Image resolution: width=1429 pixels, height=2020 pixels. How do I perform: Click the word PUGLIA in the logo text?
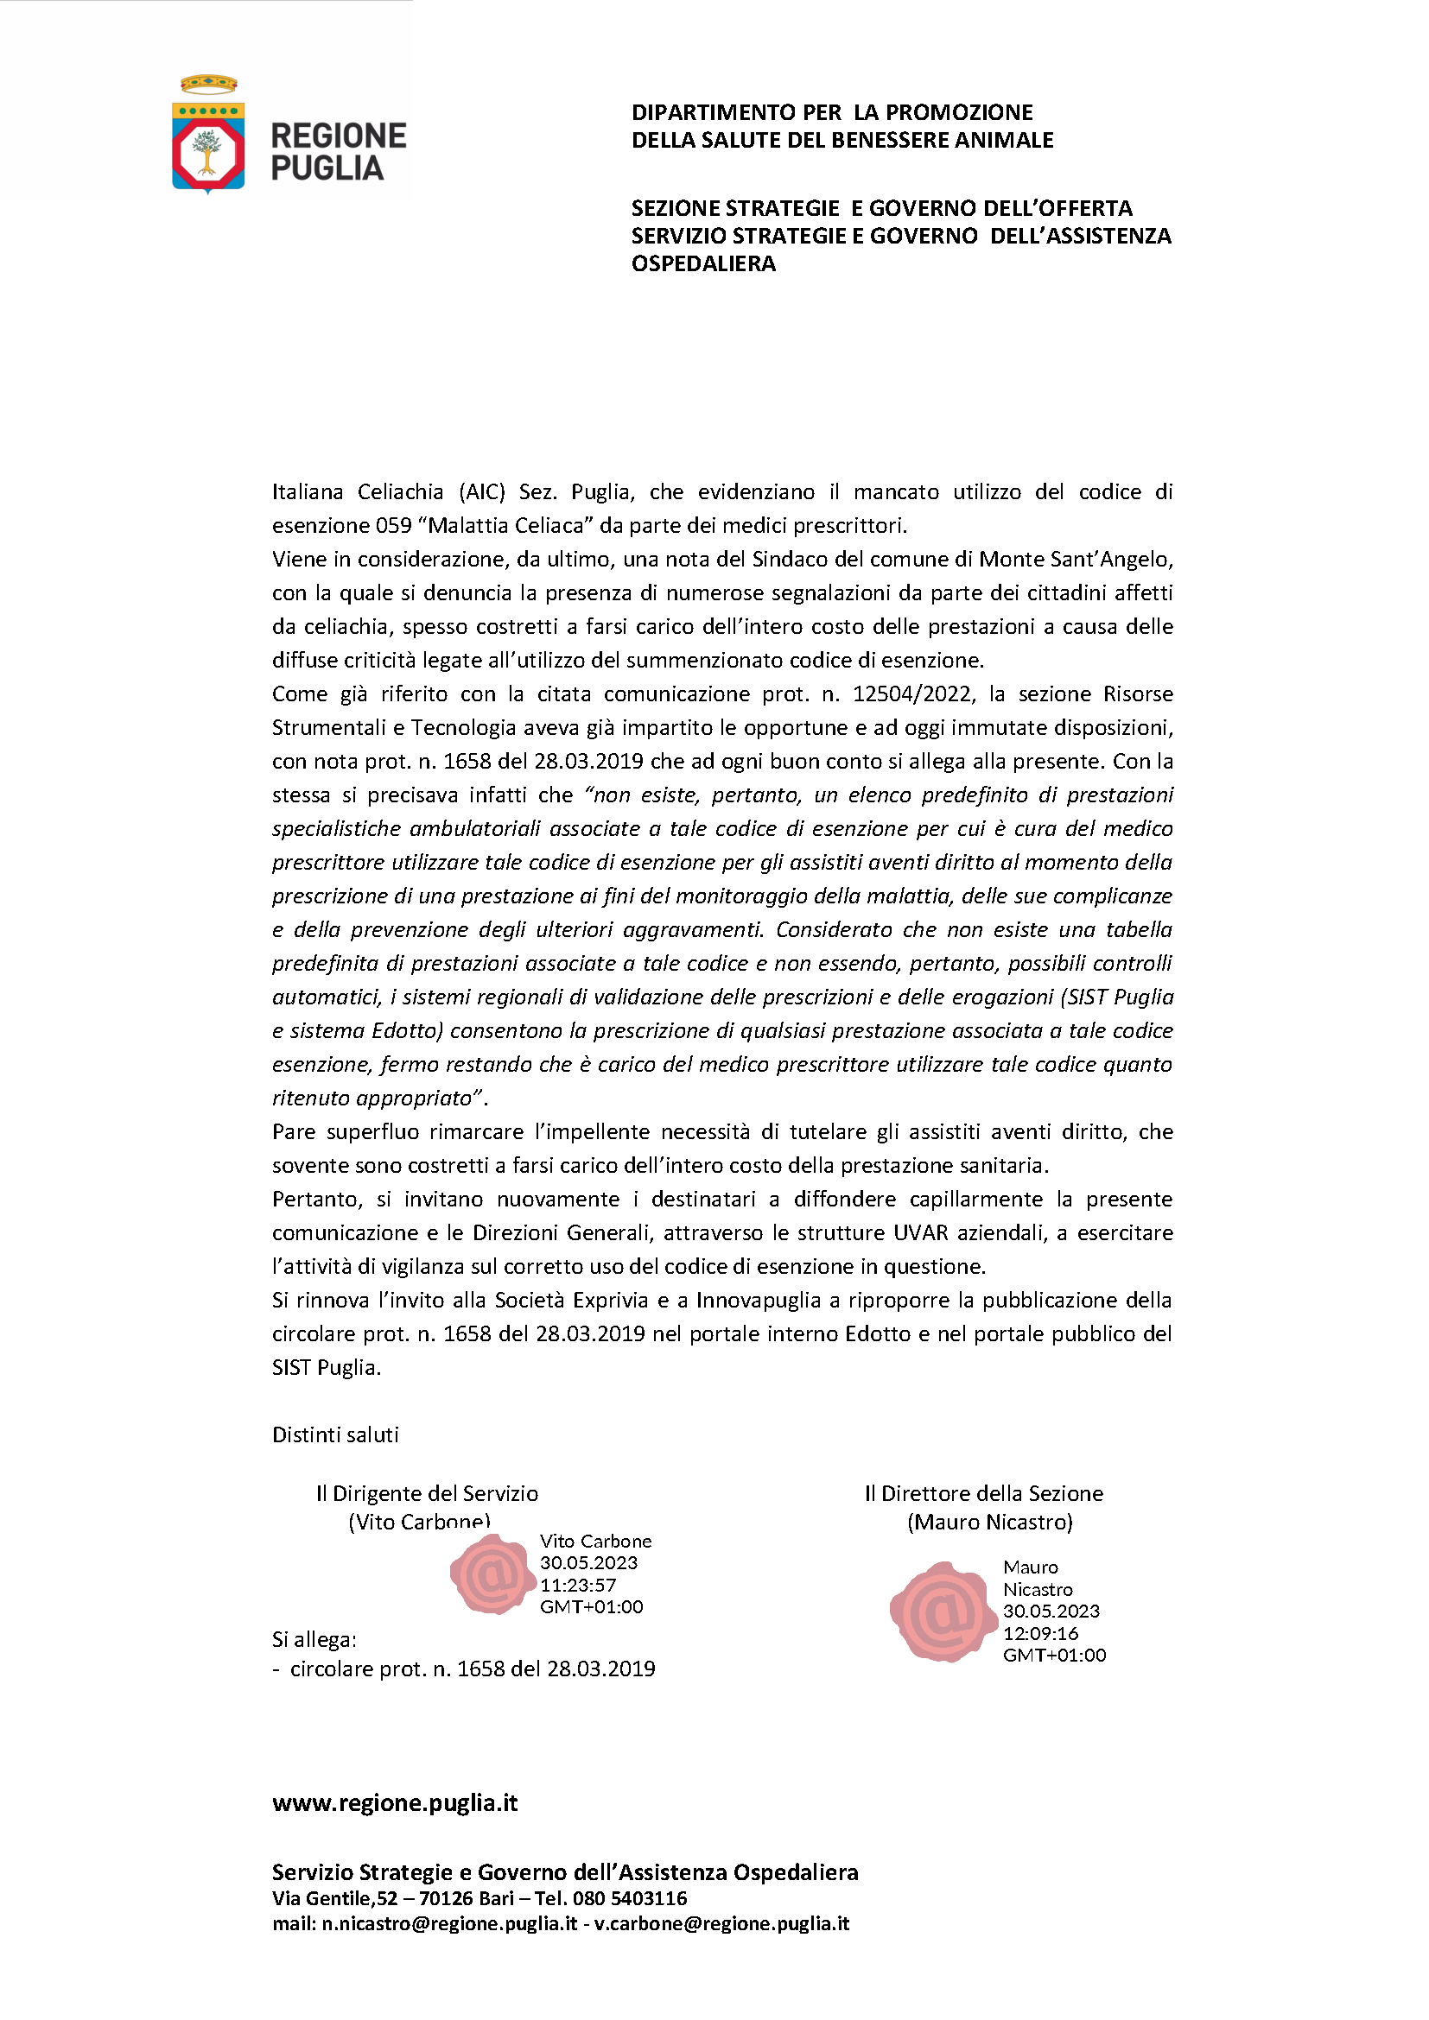[x=327, y=169]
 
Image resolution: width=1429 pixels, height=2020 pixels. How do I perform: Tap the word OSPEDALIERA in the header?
[x=703, y=264]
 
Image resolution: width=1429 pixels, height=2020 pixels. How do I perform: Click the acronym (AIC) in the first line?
[x=481, y=491]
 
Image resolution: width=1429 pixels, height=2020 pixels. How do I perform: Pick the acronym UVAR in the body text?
[x=922, y=1233]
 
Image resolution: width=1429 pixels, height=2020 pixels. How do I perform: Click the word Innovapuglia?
[x=765, y=1301]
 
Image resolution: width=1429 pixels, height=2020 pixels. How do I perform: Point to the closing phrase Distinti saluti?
[x=335, y=1435]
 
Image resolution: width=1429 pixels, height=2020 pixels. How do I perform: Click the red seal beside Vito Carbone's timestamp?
[x=492, y=1574]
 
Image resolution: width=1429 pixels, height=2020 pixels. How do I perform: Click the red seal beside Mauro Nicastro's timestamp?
[x=943, y=1612]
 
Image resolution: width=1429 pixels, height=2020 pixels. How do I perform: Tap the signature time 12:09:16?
[x=1040, y=1634]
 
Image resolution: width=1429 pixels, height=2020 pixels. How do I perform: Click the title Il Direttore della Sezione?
[x=983, y=1494]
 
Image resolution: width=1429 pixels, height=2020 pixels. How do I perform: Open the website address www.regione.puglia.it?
[x=395, y=1803]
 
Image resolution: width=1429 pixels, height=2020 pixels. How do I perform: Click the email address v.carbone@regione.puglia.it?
[x=721, y=1923]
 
